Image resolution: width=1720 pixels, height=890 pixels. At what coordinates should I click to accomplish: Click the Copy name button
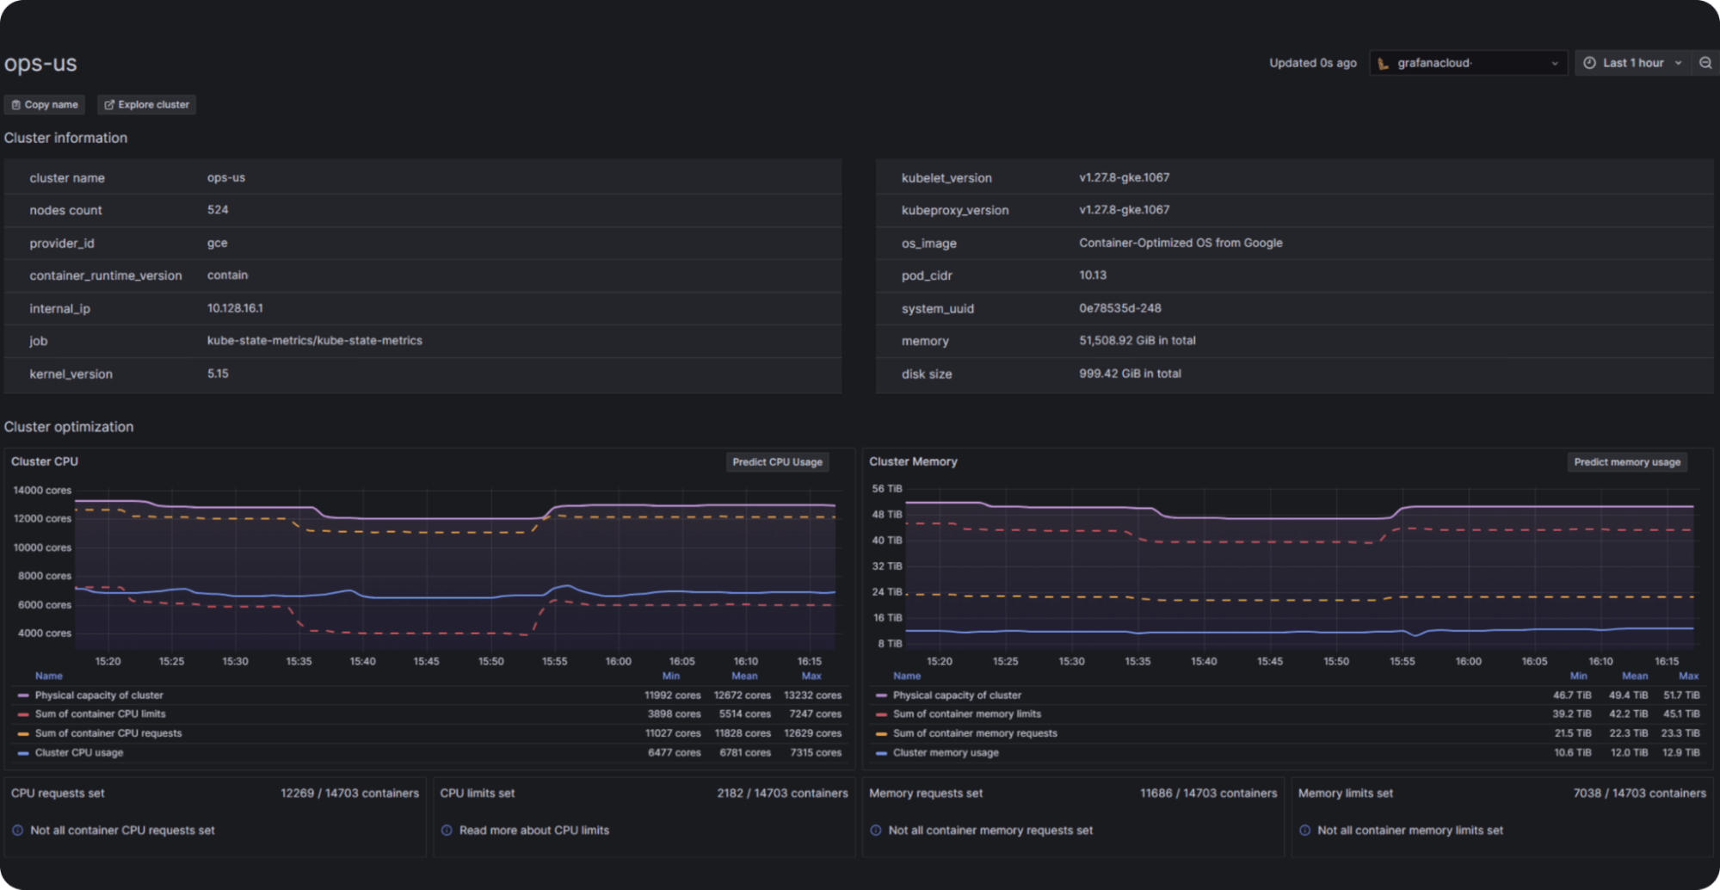(x=45, y=105)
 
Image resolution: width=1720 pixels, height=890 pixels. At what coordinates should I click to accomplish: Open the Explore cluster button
(x=146, y=105)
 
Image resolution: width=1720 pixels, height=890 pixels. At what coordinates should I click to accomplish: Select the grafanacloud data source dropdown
(x=1467, y=63)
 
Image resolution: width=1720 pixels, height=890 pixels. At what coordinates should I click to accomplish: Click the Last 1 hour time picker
(x=1631, y=63)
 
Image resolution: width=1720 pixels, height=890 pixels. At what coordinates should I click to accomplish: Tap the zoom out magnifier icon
(x=1705, y=63)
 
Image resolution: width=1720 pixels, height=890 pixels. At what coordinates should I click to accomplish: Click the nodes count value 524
(x=218, y=210)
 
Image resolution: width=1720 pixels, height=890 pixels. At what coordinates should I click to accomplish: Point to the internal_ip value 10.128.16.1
(x=235, y=308)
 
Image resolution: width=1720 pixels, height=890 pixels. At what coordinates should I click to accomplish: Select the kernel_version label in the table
(x=71, y=374)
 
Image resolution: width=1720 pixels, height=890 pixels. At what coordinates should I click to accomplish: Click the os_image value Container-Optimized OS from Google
(x=1180, y=243)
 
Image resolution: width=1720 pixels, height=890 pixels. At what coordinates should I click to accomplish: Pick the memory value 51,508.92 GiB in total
(x=1137, y=341)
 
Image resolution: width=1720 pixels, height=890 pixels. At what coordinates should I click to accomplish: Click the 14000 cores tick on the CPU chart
(x=42, y=491)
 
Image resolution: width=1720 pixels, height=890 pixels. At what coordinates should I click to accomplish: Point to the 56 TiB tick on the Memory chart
(x=887, y=489)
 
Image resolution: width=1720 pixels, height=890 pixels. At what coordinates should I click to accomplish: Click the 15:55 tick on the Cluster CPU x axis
(x=554, y=662)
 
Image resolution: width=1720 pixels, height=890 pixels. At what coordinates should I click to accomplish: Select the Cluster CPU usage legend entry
(x=79, y=753)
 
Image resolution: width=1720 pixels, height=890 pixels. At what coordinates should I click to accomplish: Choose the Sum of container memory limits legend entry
(x=966, y=714)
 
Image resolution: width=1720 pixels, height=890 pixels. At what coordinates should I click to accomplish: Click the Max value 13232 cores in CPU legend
(x=812, y=695)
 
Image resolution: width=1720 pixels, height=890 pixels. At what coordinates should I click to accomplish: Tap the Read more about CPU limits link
(x=533, y=831)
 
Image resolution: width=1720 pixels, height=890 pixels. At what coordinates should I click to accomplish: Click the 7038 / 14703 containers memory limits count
(x=1639, y=794)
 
